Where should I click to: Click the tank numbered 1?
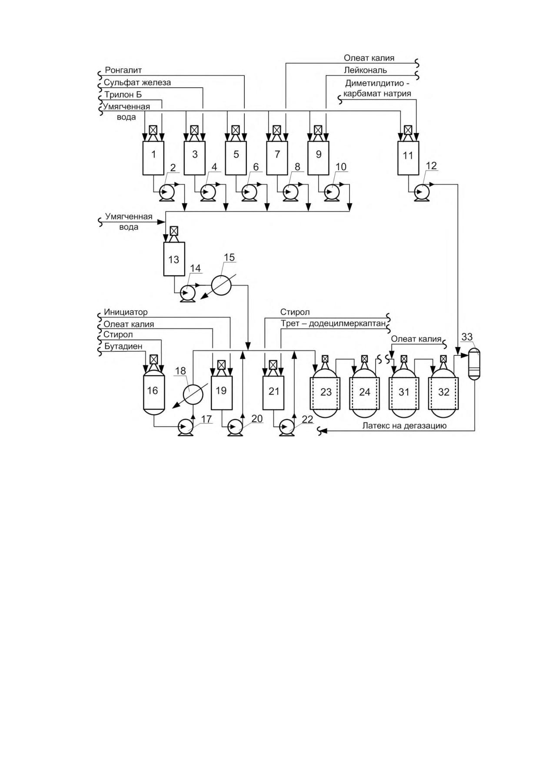click(x=153, y=158)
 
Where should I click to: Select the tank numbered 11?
click(x=408, y=158)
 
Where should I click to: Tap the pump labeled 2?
click(x=166, y=192)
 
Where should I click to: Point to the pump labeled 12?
click(x=421, y=192)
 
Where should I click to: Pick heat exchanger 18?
click(x=193, y=394)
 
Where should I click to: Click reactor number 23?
click(x=326, y=392)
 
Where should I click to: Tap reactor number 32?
click(x=443, y=392)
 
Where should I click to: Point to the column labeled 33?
click(x=475, y=364)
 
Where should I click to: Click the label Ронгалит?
click(x=123, y=70)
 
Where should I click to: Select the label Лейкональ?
click(x=365, y=70)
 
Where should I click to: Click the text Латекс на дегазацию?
click(x=405, y=426)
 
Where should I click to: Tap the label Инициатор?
click(x=126, y=312)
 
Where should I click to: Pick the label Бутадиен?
click(x=123, y=346)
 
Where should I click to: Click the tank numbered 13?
click(x=174, y=259)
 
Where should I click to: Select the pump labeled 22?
click(x=287, y=427)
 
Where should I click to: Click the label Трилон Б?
click(x=123, y=94)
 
